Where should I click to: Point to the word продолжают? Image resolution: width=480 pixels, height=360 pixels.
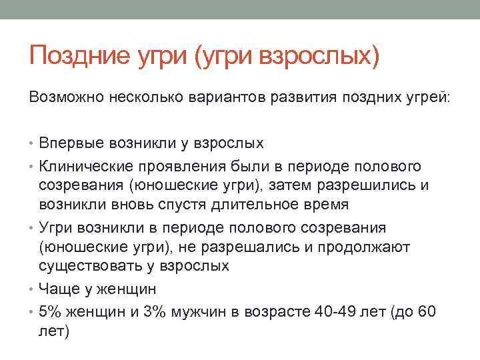(x=371, y=247)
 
